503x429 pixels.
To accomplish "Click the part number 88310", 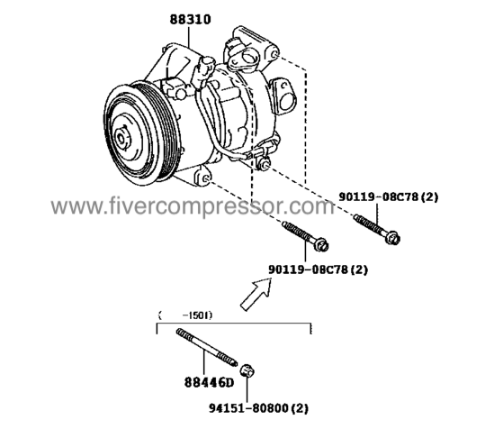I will (190, 17).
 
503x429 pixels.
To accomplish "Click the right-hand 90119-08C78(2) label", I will (390, 196).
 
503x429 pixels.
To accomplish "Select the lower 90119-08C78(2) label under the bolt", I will (319, 269).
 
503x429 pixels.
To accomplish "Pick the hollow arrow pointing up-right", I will (257, 293).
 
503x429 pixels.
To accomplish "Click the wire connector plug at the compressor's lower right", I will (265, 162).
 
